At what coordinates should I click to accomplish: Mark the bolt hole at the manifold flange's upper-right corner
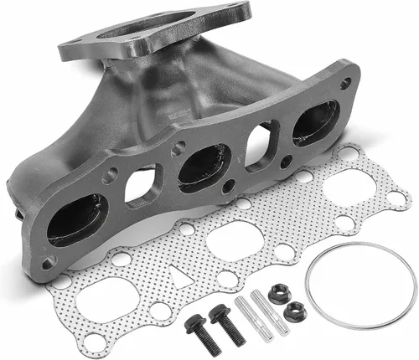346,82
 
